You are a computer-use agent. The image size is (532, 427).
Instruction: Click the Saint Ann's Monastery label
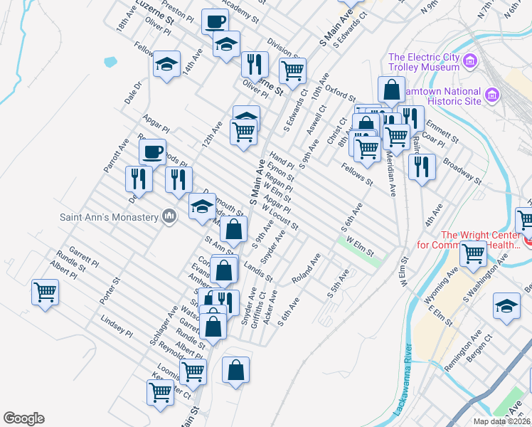[x=109, y=216]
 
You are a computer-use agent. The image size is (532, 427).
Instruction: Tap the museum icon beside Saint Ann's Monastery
[x=169, y=216]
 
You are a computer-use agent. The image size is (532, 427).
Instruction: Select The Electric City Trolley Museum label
[x=424, y=62]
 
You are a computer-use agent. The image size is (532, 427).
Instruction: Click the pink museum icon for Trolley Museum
[x=469, y=62]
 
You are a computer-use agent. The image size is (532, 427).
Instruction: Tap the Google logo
[x=23, y=418]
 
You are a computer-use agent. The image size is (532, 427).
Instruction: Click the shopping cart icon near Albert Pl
[x=45, y=291]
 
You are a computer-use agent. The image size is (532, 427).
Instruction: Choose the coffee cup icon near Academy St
[x=215, y=21]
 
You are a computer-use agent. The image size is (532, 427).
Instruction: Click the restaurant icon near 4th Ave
[x=422, y=166]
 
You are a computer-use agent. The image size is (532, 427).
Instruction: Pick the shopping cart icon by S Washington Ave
[x=473, y=253]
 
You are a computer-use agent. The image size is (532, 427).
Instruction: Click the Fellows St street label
[x=357, y=174]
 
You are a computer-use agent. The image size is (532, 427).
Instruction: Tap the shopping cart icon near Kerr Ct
[x=160, y=391]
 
